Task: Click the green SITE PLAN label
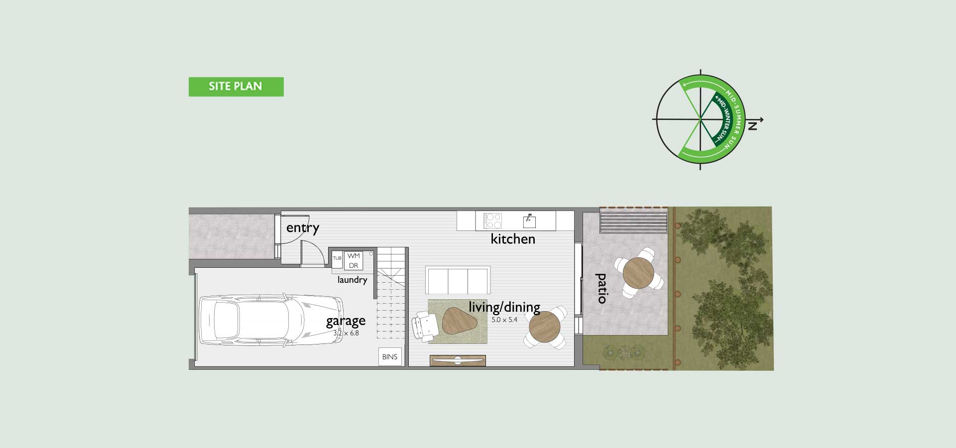pos(236,87)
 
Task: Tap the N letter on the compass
pos(752,126)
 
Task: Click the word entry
pos(303,228)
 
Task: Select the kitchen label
pos(513,239)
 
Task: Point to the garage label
pos(346,321)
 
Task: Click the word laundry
pos(352,280)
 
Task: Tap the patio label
pos(601,288)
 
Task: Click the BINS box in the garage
pos(390,357)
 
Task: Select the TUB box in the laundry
pos(337,258)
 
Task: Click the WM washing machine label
pos(354,256)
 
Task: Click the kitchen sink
pos(529,220)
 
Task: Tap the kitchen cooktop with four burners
pos(492,221)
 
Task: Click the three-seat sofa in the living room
pos(458,280)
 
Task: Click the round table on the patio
pos(638,272)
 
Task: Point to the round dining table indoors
pos(545,327)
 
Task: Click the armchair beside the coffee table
pos(425,325)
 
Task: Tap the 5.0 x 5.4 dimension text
pos(504,320)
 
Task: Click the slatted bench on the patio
pos(633,223)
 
